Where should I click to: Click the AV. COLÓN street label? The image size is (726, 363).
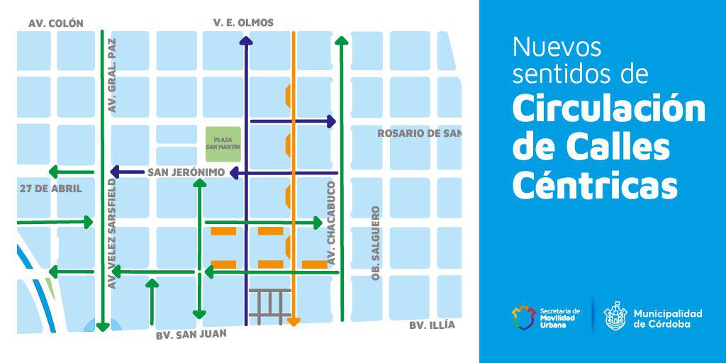coord(56,23)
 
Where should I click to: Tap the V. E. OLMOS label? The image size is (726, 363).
coord(243,23)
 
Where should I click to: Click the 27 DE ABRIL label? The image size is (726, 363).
coord(51,189)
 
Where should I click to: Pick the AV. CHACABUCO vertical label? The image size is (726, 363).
coord(330,224)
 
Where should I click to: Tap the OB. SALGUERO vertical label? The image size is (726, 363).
coord(376,243)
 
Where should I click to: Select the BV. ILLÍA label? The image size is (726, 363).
coord(432,325)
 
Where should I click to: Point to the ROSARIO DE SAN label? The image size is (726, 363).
coord(419,133)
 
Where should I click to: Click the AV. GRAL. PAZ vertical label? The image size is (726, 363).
coord(111,75)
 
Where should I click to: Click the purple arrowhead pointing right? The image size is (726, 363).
coord(330,121)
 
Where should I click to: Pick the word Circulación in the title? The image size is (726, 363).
coord(608,109)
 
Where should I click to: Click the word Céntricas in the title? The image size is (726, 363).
coord(594,186)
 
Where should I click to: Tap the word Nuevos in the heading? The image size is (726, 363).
coord(557,48)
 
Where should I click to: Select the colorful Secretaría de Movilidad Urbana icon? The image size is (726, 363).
coord(525,318)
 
